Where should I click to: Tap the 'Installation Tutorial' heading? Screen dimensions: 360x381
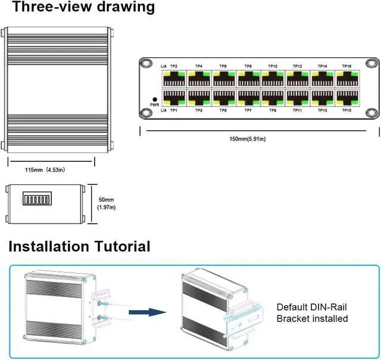79,246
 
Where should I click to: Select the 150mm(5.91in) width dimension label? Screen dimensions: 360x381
248,139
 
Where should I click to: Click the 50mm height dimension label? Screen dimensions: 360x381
106,204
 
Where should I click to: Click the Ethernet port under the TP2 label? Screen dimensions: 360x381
173,79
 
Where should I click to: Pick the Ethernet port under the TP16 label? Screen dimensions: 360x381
347,79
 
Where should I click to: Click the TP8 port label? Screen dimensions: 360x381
248,66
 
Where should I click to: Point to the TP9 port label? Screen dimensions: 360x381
273,111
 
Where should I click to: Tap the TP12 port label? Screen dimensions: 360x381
297,66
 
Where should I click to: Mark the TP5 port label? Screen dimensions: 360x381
223,111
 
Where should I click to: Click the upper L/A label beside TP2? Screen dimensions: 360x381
164,66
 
